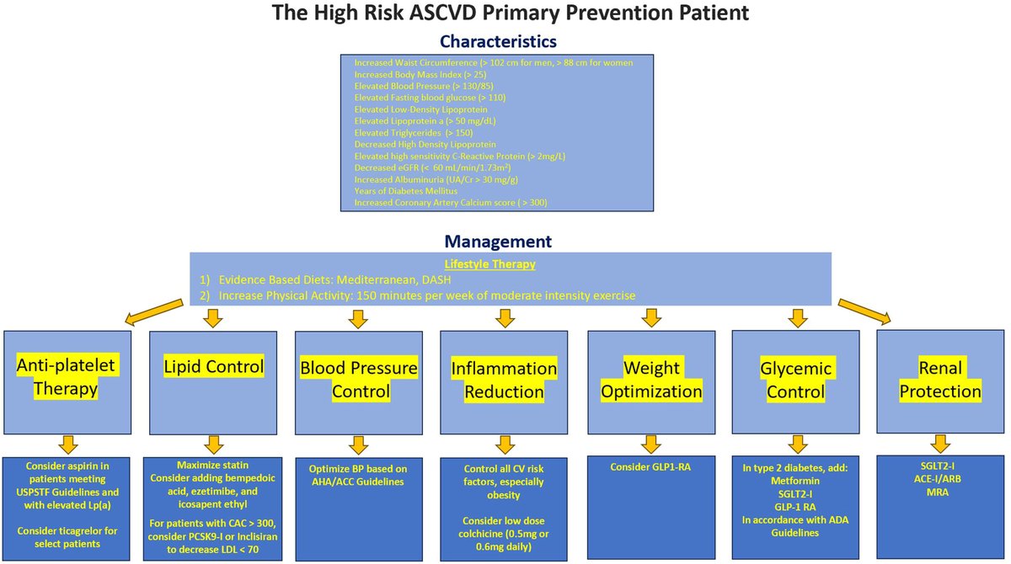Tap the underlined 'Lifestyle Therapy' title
click(x=502, y=263)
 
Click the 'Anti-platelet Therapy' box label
click(x=66, y=379)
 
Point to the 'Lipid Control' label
click(x=212, y=367)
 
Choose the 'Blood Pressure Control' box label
click(x=358, y=380)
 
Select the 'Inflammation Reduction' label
click(x=504, y=380)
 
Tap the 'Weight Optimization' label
click(x=650, y=380)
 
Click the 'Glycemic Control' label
click(x=795, y=380)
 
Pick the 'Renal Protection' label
click(x=940, y=379)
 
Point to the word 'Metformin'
click(x=795, y=482)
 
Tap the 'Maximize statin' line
click(x=212, y=465)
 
